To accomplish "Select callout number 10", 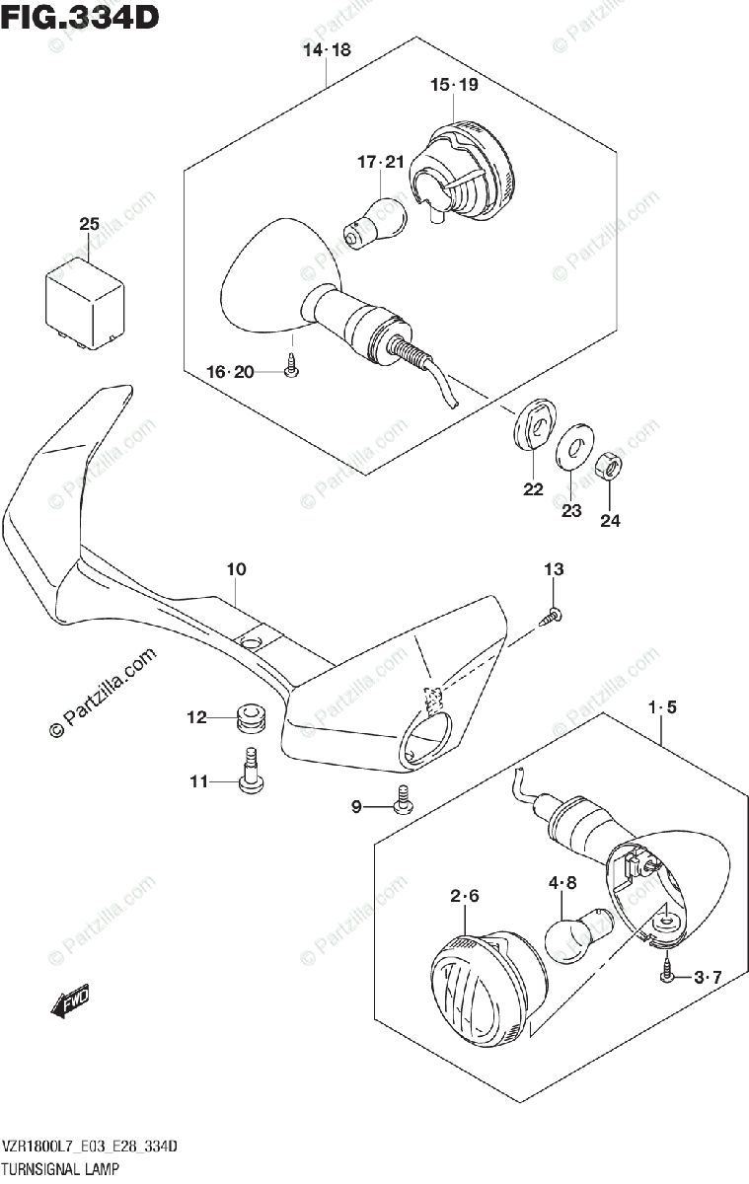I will coord(236,569).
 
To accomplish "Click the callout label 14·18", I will coord(327,51).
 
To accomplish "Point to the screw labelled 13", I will coord(553,617).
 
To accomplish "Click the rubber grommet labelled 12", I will coord(250,717).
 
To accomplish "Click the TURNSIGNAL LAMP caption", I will coord(61,1169).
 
